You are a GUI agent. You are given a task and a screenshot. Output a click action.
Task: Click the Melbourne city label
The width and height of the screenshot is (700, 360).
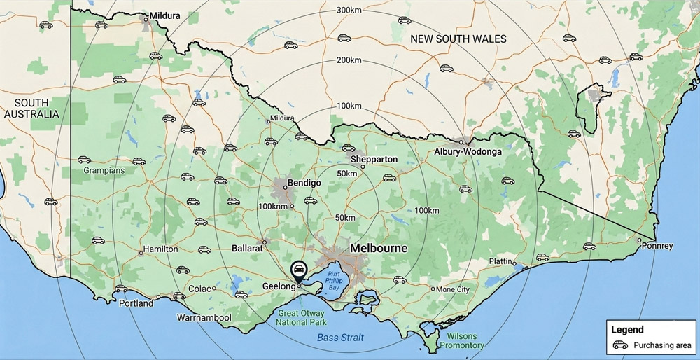tap(379, 248)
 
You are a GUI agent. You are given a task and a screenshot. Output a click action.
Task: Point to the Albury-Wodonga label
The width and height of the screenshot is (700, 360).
tap(468, 152)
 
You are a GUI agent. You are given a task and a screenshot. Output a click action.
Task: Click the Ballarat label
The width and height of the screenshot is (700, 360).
tap(247, 248)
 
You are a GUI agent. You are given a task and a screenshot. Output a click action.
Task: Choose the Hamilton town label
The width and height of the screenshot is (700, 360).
tap(160, 249)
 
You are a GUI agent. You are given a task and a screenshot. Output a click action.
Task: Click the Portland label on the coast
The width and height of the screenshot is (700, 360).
tap(136, 304)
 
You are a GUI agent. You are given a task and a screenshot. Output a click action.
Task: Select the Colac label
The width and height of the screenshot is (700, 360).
tap(199, 289)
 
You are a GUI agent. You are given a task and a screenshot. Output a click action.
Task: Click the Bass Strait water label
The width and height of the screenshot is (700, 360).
tap(340, 338)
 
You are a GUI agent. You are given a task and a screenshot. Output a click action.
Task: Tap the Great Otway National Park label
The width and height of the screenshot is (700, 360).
tap(302, 317)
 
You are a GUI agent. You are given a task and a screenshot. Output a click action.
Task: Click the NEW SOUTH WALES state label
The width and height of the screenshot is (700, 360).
tap(458, 39)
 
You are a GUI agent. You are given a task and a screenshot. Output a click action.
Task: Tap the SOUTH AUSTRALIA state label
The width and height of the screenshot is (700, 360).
tap(31, 108)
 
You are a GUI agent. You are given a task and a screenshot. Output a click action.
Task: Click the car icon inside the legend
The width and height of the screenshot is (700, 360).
tap(620, 345)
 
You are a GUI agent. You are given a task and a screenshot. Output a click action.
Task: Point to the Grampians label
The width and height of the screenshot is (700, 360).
tap(104, 170)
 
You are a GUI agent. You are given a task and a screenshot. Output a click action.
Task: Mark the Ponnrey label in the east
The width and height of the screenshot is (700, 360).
tap(659, 246)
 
